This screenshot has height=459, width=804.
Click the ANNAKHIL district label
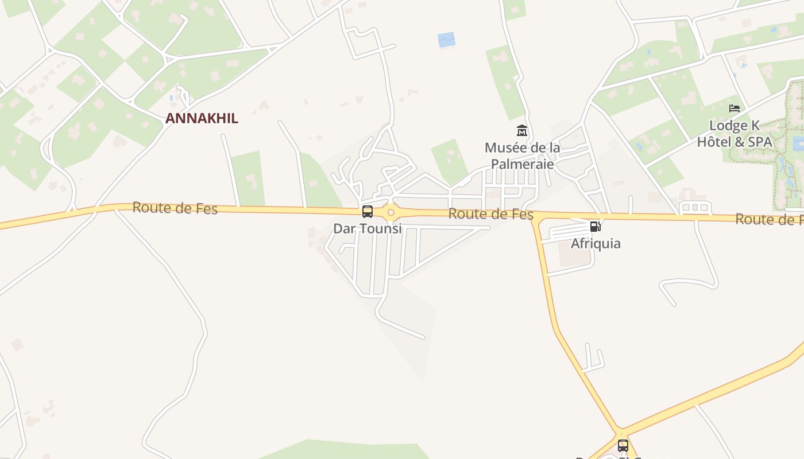point(202,119)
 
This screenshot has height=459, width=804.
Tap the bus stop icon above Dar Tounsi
point(368,212)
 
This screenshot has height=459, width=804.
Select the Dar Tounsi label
point(368,228)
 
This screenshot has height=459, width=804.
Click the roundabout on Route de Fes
point(391,213)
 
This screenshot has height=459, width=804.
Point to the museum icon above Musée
point(522,130)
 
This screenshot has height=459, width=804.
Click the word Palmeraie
point(523,164)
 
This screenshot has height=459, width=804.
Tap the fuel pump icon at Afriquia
point(596,227)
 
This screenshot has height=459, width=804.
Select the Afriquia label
point(596,243)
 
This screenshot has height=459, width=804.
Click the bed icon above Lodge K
point(734,108)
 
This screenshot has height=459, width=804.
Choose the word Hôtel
point(716,142)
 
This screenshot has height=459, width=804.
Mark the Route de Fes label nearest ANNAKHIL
point(175,208)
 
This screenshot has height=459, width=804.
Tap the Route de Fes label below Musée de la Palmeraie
point(491,215)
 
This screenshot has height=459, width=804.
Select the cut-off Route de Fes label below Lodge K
point(770,219)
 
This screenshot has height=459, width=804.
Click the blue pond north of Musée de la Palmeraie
point(446,40)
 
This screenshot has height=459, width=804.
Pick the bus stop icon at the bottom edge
point(623,445)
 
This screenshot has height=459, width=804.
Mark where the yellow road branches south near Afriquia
point(535,219)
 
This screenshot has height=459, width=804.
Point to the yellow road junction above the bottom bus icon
point(619,431)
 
